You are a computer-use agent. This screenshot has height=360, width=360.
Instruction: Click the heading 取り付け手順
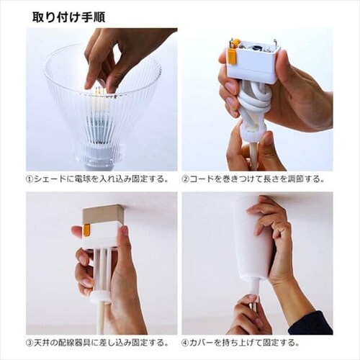coord(68,17)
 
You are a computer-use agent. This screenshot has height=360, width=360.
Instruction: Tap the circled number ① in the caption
coord(30,179)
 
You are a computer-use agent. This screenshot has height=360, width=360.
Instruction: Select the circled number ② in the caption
coord(185,179)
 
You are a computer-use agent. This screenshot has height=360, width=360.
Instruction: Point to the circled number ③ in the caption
coord(30,343)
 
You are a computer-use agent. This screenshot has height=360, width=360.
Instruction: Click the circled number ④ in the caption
coord(185,343)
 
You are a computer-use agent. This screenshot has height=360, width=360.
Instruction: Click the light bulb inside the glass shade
coord(101,113)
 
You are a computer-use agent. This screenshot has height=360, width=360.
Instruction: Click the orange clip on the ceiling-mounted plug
coord(86,230)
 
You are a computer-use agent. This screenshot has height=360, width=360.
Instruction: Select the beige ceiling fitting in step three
coord(102,214)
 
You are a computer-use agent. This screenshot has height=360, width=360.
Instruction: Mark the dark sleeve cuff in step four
coord(312,323)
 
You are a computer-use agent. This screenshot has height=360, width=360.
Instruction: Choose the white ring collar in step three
coord(102,297)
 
